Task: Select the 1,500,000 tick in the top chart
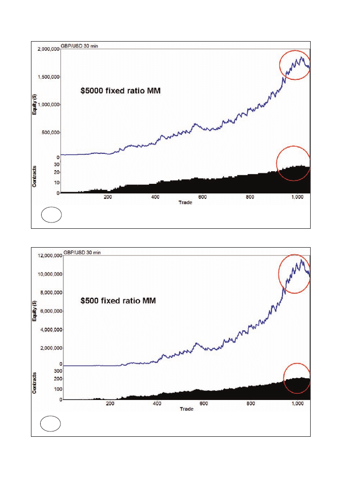click(47, 77)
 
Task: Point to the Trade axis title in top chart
click(186, 202)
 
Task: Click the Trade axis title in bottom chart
click(187, 409)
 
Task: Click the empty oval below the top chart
click(51, 215)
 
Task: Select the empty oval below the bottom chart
click(50, 424)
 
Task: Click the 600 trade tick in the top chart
click(203, 197)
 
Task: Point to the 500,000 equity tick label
click(49, 132)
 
